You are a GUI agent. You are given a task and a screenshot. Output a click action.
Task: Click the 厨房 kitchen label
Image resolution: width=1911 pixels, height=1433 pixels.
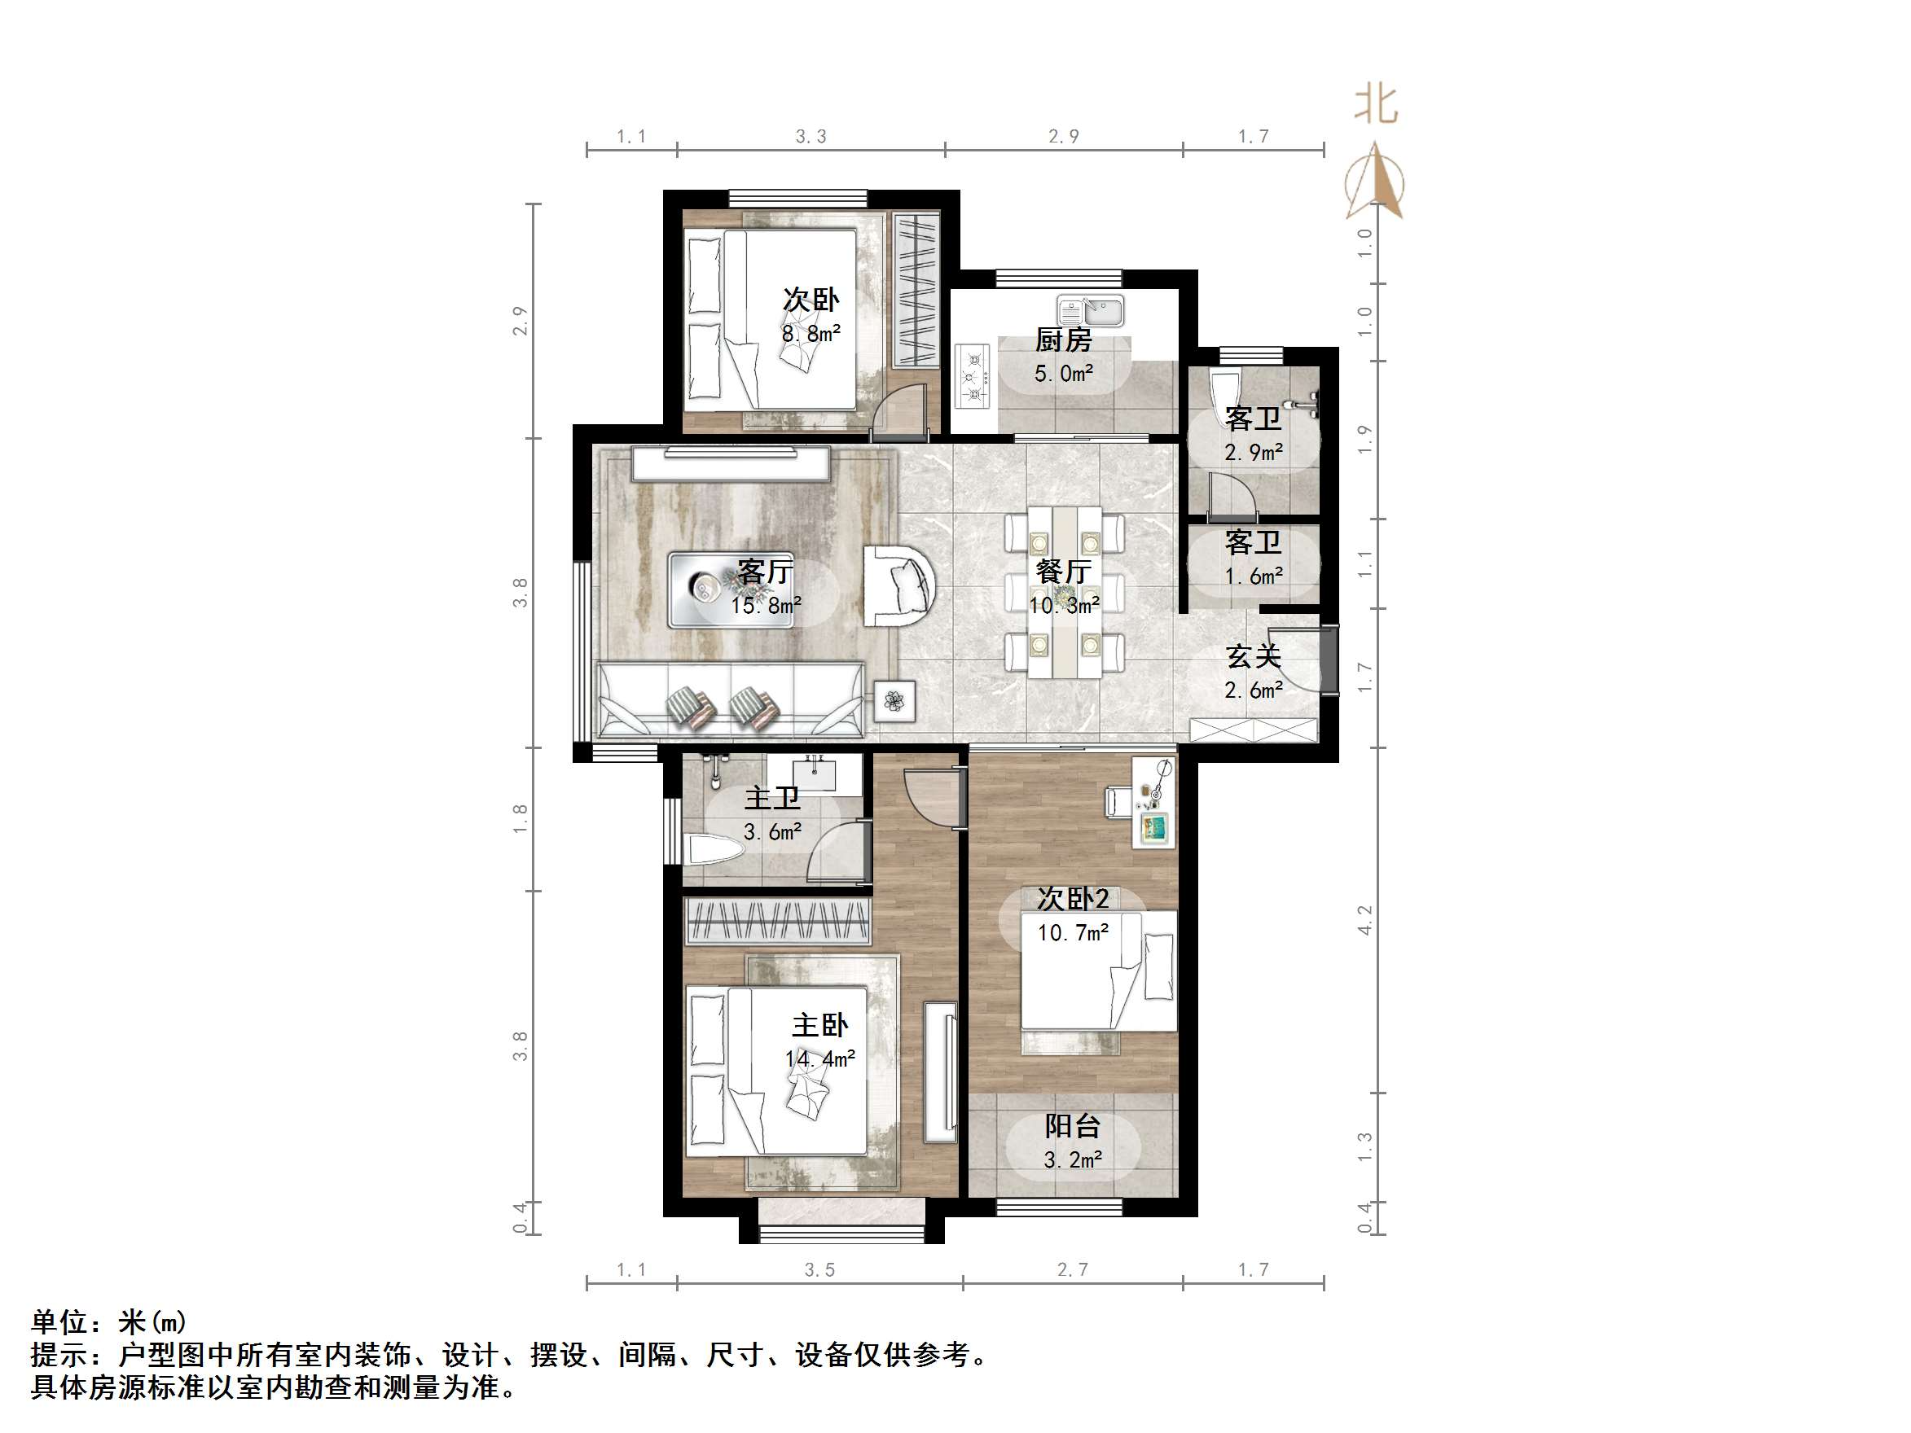point(1064,340)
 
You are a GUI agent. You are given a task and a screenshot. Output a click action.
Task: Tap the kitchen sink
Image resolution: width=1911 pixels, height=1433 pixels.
point(1090,310)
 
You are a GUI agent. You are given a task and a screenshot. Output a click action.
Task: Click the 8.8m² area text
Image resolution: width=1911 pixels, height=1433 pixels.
point(811,333)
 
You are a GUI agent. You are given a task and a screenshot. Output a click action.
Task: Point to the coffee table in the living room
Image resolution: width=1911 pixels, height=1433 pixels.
point(731,589)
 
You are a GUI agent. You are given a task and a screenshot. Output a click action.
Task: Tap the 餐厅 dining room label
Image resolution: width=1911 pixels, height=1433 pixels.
point(1064,571)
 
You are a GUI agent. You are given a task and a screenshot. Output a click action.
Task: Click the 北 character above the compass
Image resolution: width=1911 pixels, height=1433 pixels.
point(1375,105)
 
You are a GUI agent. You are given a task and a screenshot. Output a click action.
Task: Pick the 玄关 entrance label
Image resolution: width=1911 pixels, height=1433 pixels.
point(1253,656)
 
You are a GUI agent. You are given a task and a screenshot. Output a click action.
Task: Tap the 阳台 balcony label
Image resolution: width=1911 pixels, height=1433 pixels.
point(1072,1126)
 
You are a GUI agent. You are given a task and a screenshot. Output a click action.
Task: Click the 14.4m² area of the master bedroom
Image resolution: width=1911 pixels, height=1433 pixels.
point(819,1059)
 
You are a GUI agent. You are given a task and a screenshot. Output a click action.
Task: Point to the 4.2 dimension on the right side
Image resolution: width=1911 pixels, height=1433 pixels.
point(1365,920)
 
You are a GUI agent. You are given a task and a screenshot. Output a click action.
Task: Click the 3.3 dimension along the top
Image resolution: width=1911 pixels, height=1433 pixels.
point(811,137)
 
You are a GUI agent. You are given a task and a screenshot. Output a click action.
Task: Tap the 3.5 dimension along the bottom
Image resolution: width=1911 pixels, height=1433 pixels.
point(819,1269)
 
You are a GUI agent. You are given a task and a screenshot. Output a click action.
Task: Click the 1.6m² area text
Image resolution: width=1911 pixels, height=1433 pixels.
point(1253,576)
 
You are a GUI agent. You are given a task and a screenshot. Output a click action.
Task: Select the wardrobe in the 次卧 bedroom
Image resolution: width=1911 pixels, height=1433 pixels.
point(915,289)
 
